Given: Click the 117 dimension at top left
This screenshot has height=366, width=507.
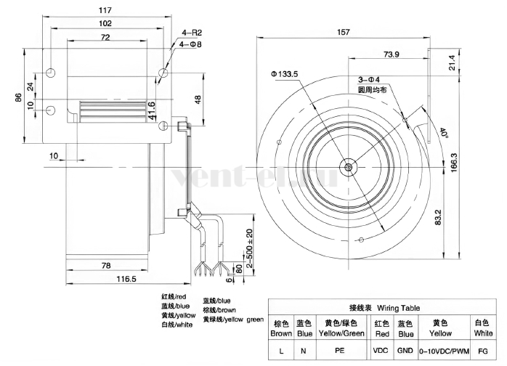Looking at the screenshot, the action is click(x=105, y=10).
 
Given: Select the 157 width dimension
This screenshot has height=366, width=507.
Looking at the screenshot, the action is click(x=344, y=32).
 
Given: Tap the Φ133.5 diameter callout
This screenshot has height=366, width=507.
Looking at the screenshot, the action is click(x=285, y=74).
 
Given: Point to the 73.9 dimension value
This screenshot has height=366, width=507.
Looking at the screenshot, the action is click(x=392, y=54).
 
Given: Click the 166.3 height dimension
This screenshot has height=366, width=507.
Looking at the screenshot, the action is click(x=454, y=163).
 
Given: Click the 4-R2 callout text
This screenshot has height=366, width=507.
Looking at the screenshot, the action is click(x=192, y=33).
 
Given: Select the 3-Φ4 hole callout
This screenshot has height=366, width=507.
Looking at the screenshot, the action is click(x=369, y=80).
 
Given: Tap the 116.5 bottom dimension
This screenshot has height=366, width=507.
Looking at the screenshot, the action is click(x=126, y=278).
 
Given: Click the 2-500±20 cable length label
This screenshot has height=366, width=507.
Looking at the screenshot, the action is click(x=249, y=248).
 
